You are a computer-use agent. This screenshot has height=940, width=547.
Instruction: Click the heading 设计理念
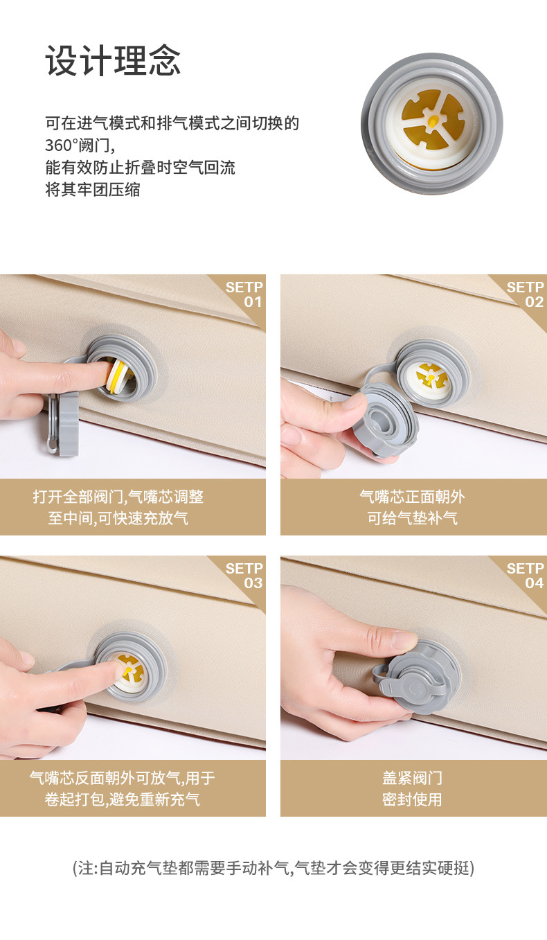coord(113,61)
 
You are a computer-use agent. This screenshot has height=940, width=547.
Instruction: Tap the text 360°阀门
coord(80,145)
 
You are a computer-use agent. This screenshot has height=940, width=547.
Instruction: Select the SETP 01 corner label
coord(244,294)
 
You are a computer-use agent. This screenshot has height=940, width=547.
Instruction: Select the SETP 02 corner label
coord(525,294)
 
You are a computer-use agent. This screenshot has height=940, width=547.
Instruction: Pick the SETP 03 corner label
coord(244,576)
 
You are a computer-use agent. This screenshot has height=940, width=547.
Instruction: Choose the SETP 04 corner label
coord(525,576)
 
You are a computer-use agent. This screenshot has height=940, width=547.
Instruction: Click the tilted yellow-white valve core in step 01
coord(118,376)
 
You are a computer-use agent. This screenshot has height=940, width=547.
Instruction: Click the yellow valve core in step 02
coord(432,376)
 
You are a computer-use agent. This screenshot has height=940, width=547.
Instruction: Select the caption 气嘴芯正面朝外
coord(413,497)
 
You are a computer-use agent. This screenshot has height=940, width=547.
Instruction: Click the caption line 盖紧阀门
coord(413,778)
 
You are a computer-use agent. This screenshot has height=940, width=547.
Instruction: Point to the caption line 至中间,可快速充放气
coord(118,518)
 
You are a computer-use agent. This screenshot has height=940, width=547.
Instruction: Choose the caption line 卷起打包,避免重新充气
coord(122,799)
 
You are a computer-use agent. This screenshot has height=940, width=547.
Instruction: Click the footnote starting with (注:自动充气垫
coord(273,868)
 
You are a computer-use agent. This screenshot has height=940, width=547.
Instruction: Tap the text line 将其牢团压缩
coord(93,190)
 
